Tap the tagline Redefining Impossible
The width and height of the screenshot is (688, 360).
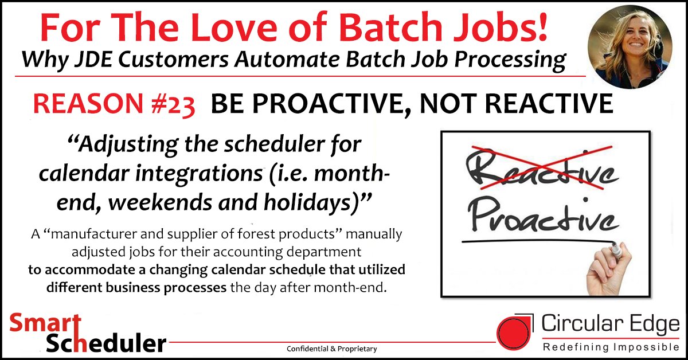[609, 347]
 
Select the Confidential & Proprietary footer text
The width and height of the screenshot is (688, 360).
[332, 349]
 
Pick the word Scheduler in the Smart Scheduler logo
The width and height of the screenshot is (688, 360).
[107, 343]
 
